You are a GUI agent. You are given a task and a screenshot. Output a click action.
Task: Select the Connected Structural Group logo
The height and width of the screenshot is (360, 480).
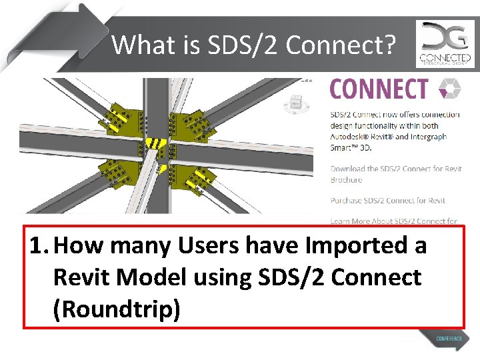[445, 44]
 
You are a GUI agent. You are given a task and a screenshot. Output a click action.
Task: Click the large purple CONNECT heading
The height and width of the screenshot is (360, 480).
[379, 89]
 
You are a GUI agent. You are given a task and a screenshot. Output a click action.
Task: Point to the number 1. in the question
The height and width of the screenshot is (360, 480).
[39, 246]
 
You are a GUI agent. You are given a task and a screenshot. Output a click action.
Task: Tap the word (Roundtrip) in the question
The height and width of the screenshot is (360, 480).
[117, 308]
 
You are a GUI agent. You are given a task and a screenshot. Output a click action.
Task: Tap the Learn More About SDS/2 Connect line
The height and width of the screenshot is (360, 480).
[393, 221]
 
